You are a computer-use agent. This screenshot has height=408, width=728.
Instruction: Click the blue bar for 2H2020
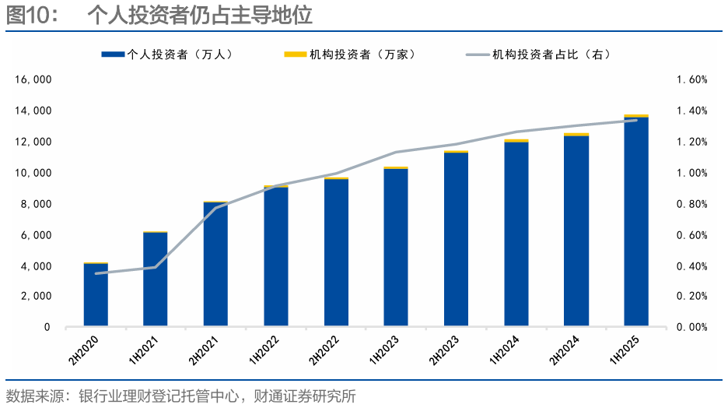(x=96, y=296)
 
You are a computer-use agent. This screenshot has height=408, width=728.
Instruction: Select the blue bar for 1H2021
(x=156, y=280)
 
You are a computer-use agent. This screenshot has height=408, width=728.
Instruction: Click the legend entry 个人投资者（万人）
(x=167, y=55)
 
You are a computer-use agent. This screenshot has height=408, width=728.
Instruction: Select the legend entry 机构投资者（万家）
(x=350, y=55)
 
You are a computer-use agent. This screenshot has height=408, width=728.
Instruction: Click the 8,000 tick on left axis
(x=36, y=204)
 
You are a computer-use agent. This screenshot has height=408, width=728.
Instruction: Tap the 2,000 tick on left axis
(x=36, y=297)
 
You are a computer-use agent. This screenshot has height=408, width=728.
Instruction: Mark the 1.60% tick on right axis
(x=691, y=80)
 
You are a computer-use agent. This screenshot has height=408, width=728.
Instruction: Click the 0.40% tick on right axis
(x=691, y=266)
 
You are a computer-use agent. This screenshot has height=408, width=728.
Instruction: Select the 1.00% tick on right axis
(x=691, y=173)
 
